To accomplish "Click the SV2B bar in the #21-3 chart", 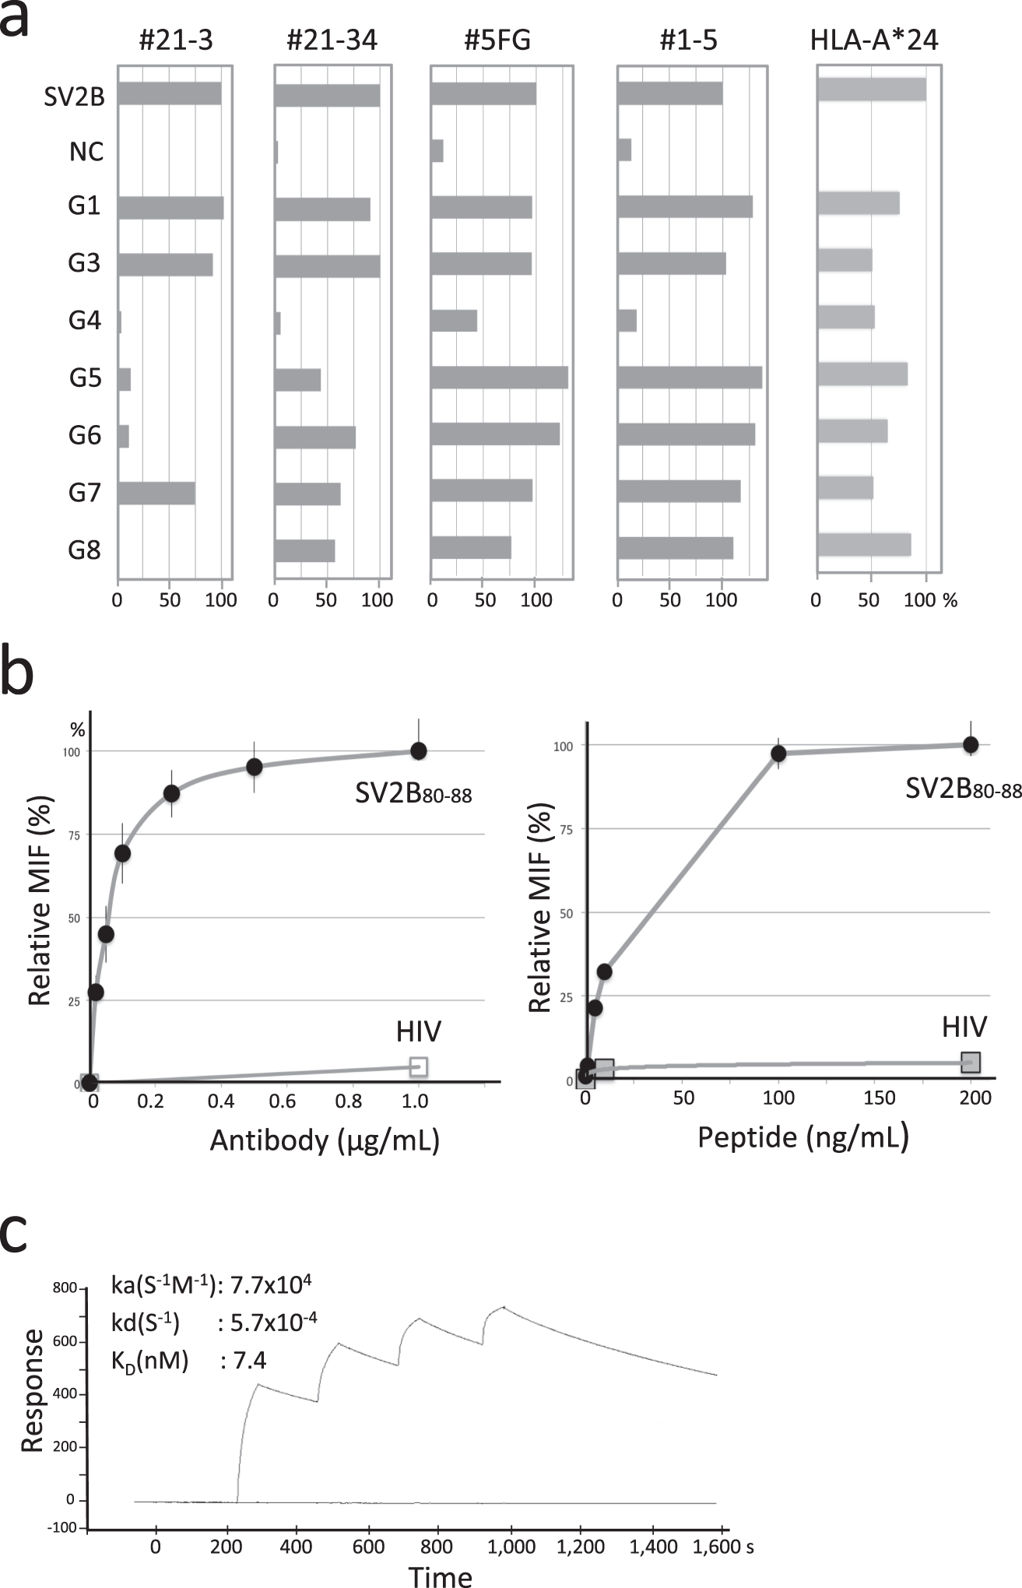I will pos(170,93).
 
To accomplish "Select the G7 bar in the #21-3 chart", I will pos(156,494).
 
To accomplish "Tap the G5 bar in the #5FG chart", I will pos(499,377).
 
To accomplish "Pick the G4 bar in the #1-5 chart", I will pos(627,321).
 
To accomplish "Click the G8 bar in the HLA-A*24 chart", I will pos(864,545).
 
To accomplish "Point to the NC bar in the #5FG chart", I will pos(437,151).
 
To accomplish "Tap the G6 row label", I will pos(85,435).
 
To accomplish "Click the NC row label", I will pos(86,151).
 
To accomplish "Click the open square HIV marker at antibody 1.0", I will pos(419,1066).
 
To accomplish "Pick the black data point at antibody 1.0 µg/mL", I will pos(419,750).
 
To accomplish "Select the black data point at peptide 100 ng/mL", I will pos(778,753).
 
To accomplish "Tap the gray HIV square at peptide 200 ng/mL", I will pos(970,1062).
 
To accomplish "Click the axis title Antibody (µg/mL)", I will pos(325,1140).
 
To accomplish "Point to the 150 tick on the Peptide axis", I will pos(880,1098).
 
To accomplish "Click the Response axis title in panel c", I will pos(33,1391).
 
